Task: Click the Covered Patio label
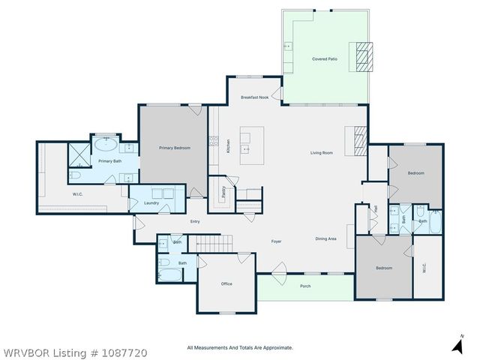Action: [324, 58]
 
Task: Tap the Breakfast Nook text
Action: [254, 98]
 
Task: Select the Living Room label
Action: [322, 153]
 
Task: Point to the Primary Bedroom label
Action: [174, 148]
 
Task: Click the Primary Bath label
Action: [110, 161]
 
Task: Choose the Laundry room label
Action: [151, 202]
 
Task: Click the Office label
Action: [226, 284]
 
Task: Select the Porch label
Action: [305, 286]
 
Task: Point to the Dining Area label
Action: [325, 238]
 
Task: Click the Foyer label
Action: [276, 241]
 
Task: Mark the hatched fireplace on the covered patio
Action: [363, 57]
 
